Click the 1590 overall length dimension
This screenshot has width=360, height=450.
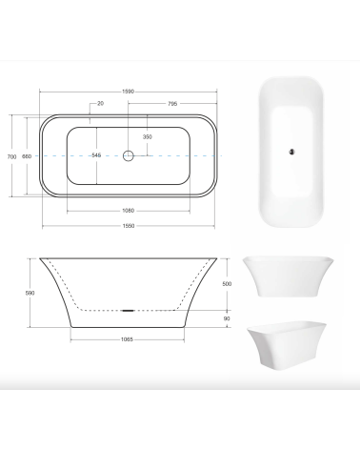point(129,92)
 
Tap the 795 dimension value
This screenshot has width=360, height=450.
point(172,104)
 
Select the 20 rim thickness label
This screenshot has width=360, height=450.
point(101,103)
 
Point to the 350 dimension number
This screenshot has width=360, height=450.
point(148,137)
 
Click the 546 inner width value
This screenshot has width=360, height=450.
point(96,155)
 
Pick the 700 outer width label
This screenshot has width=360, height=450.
point(11,156)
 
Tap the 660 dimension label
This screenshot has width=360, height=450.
point(27,156)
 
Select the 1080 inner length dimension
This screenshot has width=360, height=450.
point(129,211)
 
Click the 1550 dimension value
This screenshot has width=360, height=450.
point(129,226)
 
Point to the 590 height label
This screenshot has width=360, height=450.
point(30,293)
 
